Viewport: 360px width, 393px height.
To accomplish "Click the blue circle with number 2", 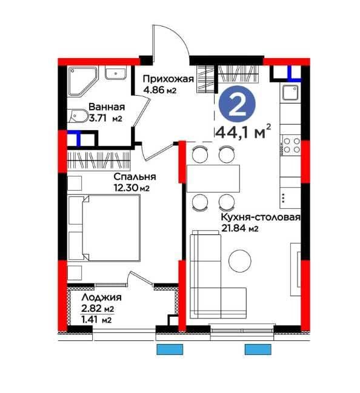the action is [x=237, y=105].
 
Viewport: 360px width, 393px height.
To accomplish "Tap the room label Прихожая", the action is [x=168, y=79].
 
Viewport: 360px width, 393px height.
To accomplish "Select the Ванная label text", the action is [x=107, y=107].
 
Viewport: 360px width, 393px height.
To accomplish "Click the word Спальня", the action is [x=135, y=177].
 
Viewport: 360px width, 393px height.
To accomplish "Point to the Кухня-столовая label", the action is [x=261, y=217].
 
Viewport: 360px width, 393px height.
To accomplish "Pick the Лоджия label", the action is [x=101, y=297].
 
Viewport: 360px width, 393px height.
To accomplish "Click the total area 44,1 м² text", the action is [x=242, y=132].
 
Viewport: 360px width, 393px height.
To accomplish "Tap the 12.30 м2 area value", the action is [x=132, y=188].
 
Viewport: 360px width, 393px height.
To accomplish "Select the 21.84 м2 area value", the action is [x=239, y=228].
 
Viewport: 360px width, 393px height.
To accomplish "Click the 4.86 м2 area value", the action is [x=160, y=90].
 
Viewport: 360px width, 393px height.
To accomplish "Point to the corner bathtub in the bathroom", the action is [x=82, y=81].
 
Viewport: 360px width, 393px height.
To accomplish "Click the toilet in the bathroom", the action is [x=78, y=116].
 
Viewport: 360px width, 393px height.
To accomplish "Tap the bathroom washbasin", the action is [x=116, y=73].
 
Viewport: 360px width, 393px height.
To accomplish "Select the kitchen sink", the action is [x=290, y=92].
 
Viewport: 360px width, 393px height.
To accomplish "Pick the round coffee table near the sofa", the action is [x=240, y=260].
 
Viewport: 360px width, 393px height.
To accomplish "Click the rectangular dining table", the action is [x=213, y=178].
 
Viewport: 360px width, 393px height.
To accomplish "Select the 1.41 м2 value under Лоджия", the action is [x=96, y=320].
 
